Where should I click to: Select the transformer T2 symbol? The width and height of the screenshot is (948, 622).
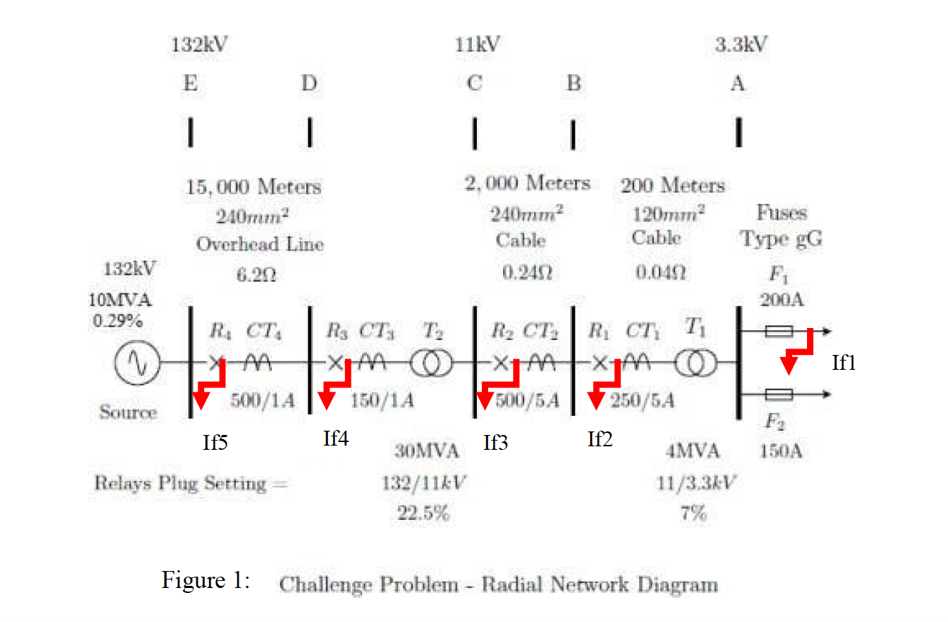point(431,363)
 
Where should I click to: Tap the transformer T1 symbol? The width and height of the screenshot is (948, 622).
point(696,363)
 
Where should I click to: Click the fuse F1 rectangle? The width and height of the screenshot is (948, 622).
point(779,332)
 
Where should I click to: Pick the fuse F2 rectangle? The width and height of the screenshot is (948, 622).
point(779,395)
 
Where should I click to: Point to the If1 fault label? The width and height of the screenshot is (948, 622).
point(843,363)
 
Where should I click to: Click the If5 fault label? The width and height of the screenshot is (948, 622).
point(215,443)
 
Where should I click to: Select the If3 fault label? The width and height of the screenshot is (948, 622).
point(495,443)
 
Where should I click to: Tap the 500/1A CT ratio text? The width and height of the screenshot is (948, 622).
point(262,400)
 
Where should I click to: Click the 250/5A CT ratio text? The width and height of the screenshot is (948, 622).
point(642,400)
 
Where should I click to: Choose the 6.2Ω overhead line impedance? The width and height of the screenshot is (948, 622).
point(256,275)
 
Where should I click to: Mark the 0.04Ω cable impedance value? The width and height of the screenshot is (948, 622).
point(660,273)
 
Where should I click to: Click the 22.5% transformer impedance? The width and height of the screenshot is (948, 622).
point(423,513)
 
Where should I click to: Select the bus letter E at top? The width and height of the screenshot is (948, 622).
point(191,83)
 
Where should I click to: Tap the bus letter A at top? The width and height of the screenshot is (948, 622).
point(738,83)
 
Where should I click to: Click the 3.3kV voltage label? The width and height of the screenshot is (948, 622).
point(741,45)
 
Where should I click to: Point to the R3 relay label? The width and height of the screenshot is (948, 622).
point(337,330)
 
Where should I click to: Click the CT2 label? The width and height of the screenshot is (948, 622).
point(541,331)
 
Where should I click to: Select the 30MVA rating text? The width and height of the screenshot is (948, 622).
point(427,451)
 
